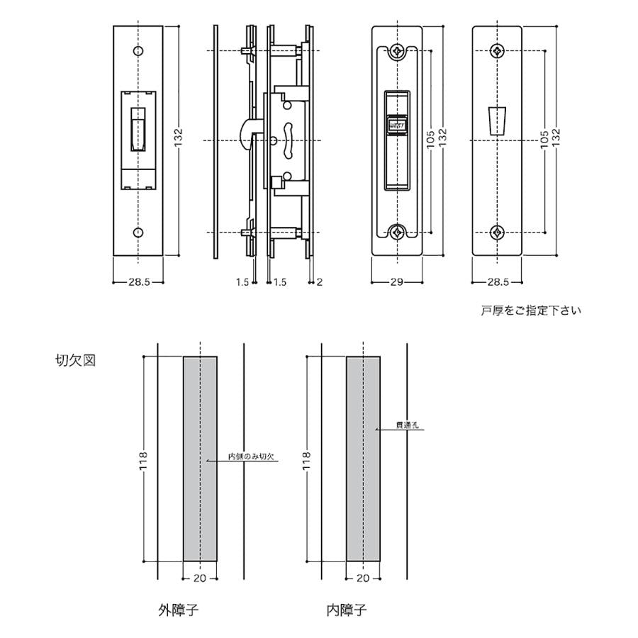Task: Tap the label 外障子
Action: [178, 610]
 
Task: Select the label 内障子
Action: [347, 610]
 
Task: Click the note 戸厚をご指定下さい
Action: [530, 310]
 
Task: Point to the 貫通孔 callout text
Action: [409, 427]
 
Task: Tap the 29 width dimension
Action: [396, 281]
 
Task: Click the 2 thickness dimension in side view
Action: [320, 281]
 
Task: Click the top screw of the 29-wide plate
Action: [398, 51]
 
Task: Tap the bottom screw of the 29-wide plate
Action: [398, 232]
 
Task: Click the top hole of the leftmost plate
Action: [138, 51]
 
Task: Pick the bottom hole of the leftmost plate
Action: [138, 232]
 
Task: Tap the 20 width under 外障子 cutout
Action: [200, 578]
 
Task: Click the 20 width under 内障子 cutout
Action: [363, 578]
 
